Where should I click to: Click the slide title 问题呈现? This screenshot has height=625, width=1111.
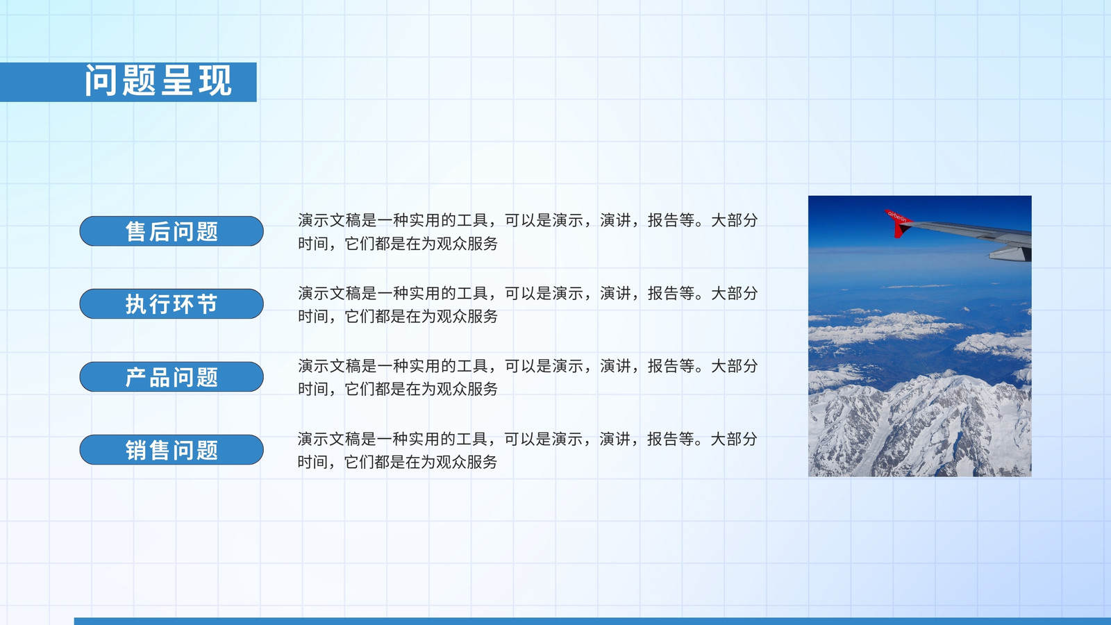[158, 81]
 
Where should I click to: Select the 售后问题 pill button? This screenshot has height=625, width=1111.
[172, 231]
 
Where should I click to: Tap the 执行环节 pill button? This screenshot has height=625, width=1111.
[172, 303]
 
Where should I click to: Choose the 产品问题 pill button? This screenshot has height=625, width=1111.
[172, 376]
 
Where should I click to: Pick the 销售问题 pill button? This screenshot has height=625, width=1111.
[172, 449]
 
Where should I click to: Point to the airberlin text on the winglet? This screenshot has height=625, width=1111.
[896, 216]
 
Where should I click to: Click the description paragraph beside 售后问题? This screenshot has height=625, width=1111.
[528, 232]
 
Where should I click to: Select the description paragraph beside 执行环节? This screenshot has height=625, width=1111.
[528, 305]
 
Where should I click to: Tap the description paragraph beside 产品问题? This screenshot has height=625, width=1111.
[528, 378]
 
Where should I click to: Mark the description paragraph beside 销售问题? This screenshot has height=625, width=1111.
[527, 451]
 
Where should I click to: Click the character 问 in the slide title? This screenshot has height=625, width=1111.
[101, 81]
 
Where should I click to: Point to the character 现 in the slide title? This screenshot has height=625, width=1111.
[215, 81]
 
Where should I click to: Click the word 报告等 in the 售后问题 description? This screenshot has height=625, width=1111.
[671, 220]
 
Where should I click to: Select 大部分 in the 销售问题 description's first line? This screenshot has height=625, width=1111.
[734, 439]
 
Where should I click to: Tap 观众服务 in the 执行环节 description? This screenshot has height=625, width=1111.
[467, 317]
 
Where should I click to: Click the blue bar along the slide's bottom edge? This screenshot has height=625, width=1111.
[592, 621]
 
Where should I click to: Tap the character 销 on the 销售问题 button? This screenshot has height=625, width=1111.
[136, 451]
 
